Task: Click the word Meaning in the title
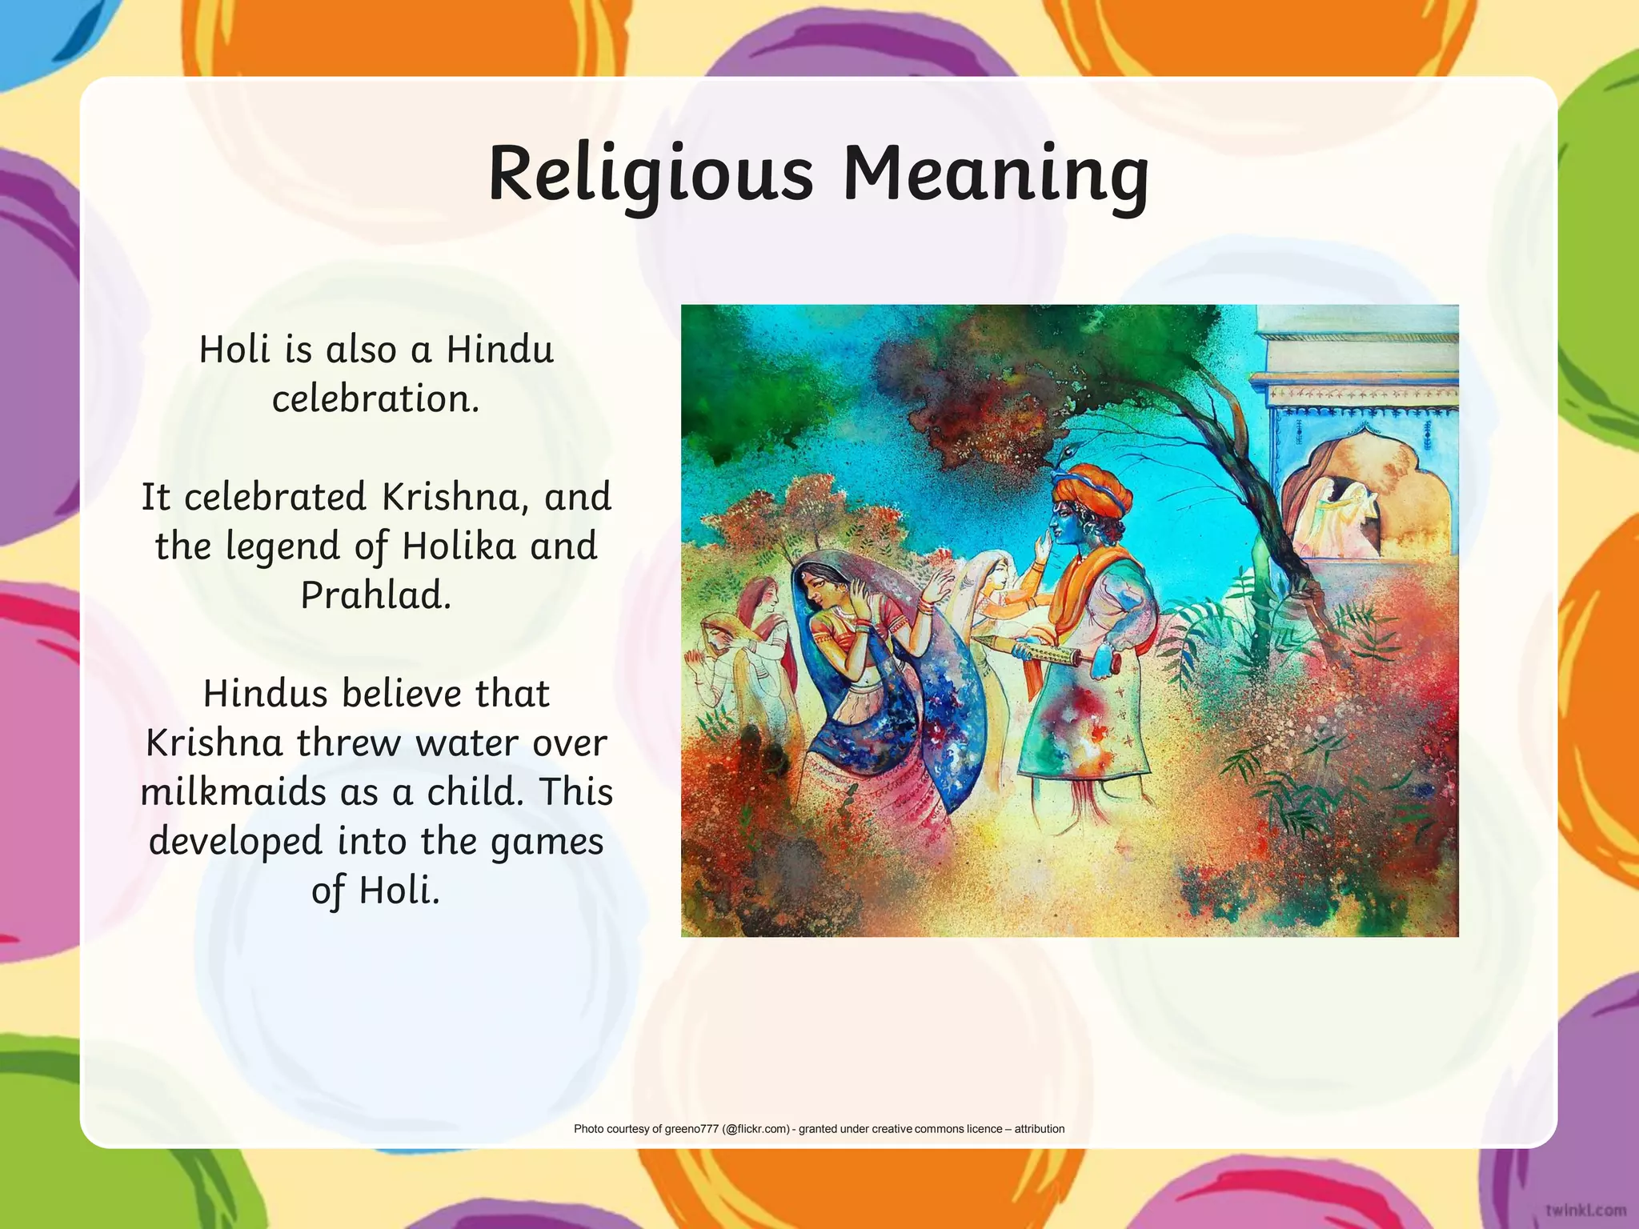coord(996,174)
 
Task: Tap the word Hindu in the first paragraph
coord(500,350)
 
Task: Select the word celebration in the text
coord(376,398)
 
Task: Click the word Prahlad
coord(376,595)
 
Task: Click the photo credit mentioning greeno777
coord(819,1129)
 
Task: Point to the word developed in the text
coord(236,842)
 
